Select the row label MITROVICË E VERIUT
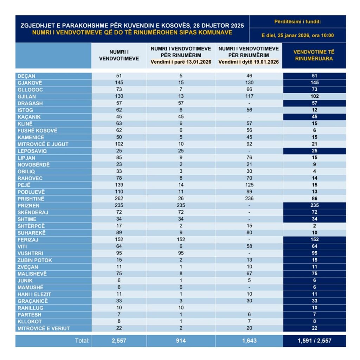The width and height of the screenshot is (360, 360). (x=44, y=328)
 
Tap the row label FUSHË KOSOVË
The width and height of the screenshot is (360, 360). (x=37, y=130)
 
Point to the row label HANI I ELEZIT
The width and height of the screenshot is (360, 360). (x=34, y=294)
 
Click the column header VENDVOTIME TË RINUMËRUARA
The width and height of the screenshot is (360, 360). (x=314, y=55)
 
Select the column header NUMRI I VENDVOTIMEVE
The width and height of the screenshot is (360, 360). (x=119, y=55)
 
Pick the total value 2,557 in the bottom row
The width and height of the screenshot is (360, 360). (x=119, y=341)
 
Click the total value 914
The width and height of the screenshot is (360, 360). (x=181, y=341)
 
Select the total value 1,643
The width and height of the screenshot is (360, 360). (x=249, y=341)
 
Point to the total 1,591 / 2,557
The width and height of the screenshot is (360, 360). (x=314, y=341)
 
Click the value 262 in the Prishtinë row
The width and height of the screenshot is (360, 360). (x=119, y=199)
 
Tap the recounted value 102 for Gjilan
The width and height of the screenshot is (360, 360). (x=314, y=96)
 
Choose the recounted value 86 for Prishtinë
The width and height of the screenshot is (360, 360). (x=314, y=199)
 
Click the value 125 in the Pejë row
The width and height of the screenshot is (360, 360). (x=249, y=185)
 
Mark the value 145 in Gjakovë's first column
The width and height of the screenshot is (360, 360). (x=119, y=83)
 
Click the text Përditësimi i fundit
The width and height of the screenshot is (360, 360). (x=297, y=22)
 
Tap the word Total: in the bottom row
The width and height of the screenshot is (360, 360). (x=82, y=341)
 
